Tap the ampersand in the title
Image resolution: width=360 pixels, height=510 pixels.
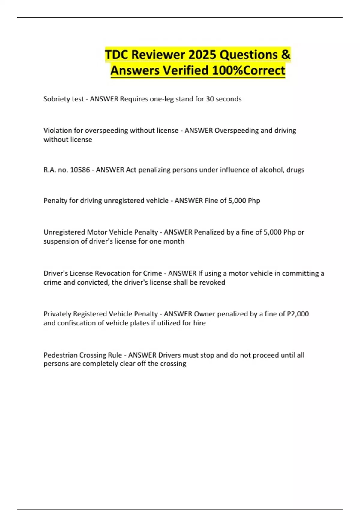tap(286, 55)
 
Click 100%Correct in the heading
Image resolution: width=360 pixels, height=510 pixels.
tap(248, 71)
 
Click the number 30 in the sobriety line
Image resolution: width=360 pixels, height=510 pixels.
tap(210, 99)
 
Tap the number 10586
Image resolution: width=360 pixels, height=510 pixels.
tap(80, 170)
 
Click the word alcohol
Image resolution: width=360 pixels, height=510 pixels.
tap(271, 170)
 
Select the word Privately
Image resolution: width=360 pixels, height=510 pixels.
tap(57, 314)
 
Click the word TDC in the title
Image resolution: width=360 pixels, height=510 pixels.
tap(116, 55)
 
